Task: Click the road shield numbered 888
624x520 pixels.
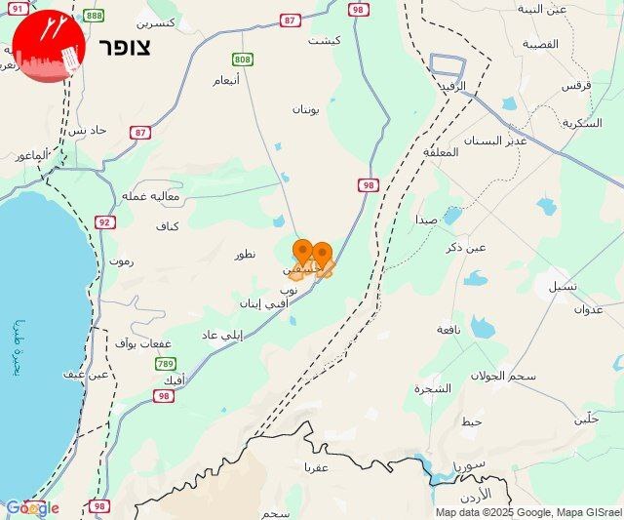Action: (94, 16)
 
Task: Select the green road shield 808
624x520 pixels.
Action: (243, 60)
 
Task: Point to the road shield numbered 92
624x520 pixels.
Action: (104, 222)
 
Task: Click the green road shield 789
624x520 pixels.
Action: (167, 364)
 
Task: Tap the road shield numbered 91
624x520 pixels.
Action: (18, 8)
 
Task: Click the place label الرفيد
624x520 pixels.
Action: (449, 86)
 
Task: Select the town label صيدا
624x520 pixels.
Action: (425, 220)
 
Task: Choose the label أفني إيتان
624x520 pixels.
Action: (262, 304)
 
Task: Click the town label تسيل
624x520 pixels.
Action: (562, 286)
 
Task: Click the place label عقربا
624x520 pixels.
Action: (318, 467)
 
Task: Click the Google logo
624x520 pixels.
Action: (32, 507)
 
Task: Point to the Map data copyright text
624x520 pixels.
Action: (527, 512)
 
